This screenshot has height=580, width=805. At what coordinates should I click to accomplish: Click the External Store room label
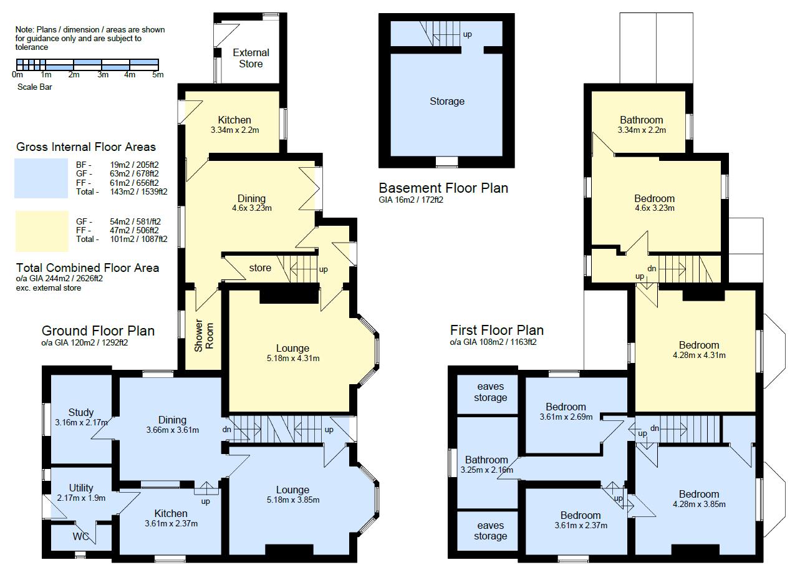click(251, 58)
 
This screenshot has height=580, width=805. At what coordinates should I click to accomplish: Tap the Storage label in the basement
click(446, 101)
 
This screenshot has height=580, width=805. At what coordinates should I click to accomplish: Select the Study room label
click(81, 412)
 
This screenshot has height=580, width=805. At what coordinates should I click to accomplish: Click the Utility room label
click(81, 488)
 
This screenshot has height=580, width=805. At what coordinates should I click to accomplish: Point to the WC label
click(81, 536)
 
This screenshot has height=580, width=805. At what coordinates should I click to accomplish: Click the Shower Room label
click(204, 337)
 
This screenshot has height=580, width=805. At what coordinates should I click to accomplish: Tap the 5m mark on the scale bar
click(158, 75)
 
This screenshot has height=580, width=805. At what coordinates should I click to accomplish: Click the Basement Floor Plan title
click(443, 188)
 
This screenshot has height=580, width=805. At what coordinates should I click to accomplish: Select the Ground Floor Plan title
click(98, 331)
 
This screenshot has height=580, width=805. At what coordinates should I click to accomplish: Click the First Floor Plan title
click(496, 330)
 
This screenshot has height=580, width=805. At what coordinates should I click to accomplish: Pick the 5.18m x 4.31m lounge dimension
click(292, 359)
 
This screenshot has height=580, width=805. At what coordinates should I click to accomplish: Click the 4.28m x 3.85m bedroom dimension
click(699, 504)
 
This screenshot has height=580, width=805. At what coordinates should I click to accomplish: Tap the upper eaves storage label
click(490, 392)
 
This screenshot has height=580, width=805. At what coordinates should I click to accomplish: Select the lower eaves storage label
click(490, 531)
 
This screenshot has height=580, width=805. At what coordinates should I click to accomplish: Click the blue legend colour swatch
click(41, 178)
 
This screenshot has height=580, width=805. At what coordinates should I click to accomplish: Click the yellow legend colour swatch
click(41, 231)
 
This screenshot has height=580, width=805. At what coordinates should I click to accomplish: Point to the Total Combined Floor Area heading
click(87, 268)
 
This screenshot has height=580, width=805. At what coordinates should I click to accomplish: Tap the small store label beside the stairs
click(260, 268)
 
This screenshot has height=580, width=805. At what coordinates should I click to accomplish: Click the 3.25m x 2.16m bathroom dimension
click(486, 470)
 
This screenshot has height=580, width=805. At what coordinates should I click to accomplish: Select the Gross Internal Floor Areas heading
click(86, 147)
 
